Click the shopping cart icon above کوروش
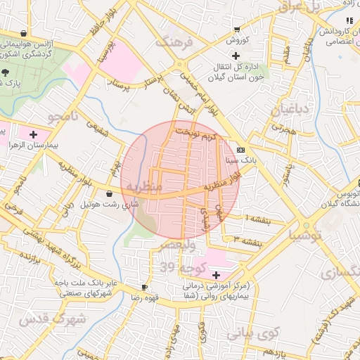(x=237, y=30)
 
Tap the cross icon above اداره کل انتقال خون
(x=236, y=56)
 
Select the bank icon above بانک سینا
(x=241, y=150)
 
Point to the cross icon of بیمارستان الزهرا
(x=33, y=133)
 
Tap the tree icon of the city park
(x=6, y=72)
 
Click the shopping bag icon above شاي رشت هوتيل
(x=110, y=193)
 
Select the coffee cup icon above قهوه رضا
(x=144, y=287)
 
